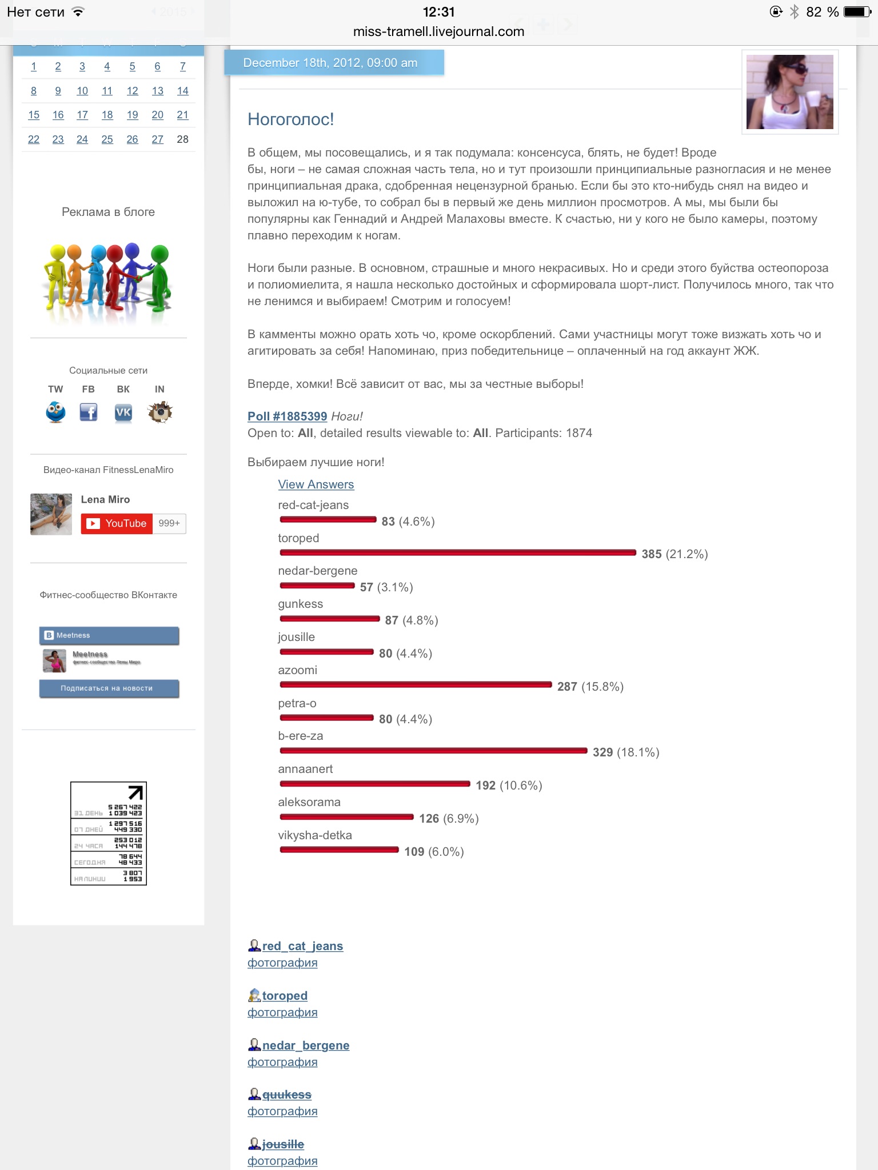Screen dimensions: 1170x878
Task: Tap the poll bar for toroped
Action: (457, 552)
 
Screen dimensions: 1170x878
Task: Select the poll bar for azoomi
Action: (416, 684)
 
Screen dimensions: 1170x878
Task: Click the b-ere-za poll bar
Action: (433, 751)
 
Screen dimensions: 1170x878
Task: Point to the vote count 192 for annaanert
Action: (485, 786)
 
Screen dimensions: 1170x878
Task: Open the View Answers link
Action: (316, 484)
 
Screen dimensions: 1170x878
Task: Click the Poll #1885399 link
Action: (287, 416)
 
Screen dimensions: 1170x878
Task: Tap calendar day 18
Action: (107, 115)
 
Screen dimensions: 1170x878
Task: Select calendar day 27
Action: (157, 139)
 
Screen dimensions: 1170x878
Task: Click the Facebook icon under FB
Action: (88, 412)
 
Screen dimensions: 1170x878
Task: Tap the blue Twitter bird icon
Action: (55, 412)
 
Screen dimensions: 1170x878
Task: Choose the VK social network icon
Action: (123, 412)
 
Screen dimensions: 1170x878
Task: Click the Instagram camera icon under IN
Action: (159, 412)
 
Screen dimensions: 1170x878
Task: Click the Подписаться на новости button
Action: (109, 688)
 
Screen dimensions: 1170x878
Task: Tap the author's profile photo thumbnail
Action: (789, 92)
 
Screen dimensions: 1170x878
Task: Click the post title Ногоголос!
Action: (290, 119)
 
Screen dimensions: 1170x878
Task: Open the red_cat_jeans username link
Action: (302, 946)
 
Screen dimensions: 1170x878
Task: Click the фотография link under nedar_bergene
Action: (282, 1062)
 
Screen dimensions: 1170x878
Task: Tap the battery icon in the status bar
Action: (857, 12)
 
